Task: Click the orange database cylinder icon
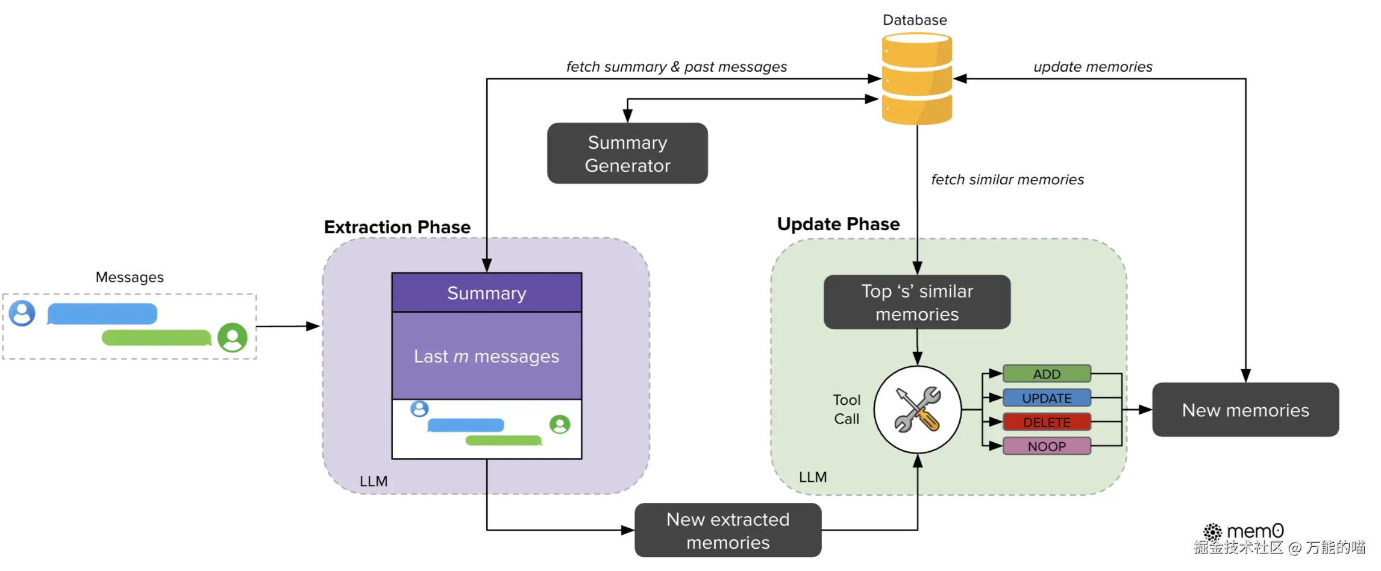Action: tap(916, 79)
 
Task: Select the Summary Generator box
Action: tap(627, 154)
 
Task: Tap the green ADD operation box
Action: tap(1047, 374)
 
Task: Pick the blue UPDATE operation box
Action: tap(1047, 398)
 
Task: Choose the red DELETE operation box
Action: tap(1047, 422)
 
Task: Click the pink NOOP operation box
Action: tap(1047, 446)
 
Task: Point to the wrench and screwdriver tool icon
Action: tap(917, 410)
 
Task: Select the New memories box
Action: tap(1245, 410)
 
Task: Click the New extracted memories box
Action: tap(728, 531)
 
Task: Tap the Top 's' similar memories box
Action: tap(917, 302)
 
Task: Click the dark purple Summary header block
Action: tap(487, 293)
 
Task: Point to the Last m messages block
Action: tap(487, 356)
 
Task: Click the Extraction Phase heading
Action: tap(397, 227)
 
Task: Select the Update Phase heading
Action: tap(838, 224)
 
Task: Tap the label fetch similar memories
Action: tap(1007, 179)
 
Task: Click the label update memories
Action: tap(1093, 67)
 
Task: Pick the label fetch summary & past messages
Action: tap(677, 67)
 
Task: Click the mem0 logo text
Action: tap(1254, 531)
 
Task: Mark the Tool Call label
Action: tap(847, 410)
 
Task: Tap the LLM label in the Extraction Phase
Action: tap(374, 481)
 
